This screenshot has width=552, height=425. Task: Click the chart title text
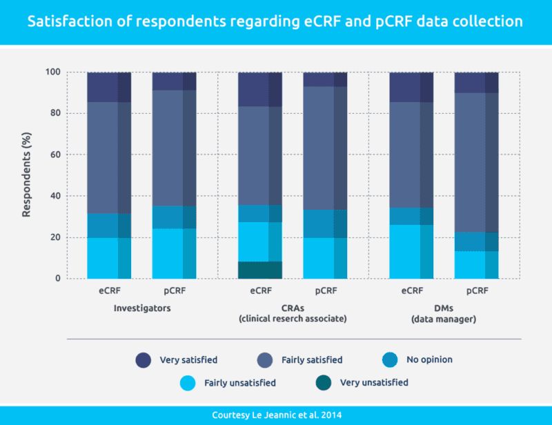[275, 22]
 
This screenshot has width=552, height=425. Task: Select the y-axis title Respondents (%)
[26, 175]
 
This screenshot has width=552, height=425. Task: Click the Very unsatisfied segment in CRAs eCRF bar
[260, 270]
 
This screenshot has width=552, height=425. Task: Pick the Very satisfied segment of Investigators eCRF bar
[109, 87]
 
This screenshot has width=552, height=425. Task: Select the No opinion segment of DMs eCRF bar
[411, 216]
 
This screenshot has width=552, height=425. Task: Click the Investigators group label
[141, 308]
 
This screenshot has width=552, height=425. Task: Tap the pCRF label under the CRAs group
[325, 292]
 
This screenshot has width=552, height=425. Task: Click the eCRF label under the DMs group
[411, 292]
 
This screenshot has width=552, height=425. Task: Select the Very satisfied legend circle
[144, 359]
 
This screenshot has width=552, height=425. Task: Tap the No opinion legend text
[428, 359]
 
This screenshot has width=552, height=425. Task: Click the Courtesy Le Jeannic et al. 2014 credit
[275, 415]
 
